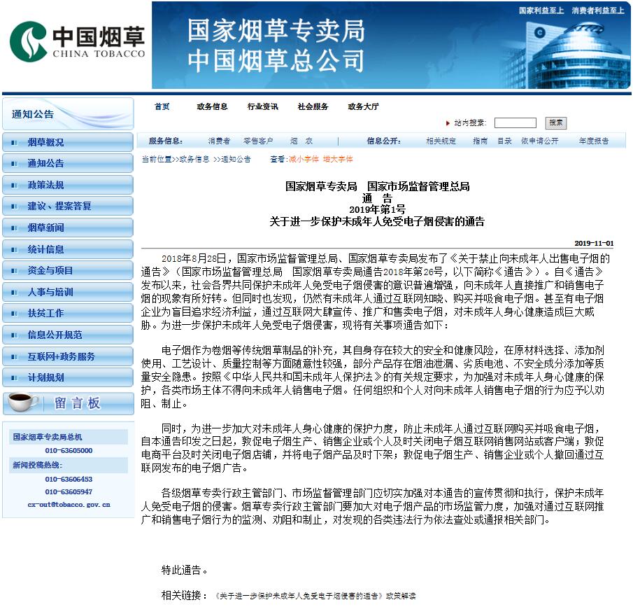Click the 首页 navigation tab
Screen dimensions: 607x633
point(162,106)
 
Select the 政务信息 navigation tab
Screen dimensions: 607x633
point(212,106)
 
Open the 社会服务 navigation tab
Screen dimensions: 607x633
point(313,106)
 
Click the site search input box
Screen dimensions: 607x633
point(515,123)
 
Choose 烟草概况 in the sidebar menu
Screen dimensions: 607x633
point(45,142)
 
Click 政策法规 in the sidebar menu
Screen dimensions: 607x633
point(45,185)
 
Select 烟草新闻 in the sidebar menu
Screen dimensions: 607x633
point(45,228)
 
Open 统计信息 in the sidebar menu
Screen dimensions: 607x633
point(45,249)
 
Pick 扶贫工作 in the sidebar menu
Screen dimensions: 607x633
point(45,313)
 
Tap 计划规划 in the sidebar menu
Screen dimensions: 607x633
point(45,377)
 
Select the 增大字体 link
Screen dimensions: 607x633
point(338,159)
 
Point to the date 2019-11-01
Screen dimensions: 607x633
point(594,243)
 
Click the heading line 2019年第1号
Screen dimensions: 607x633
point(377,209)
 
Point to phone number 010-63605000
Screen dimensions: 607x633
point(69,450)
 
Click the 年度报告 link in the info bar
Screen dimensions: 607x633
point(593,141)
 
